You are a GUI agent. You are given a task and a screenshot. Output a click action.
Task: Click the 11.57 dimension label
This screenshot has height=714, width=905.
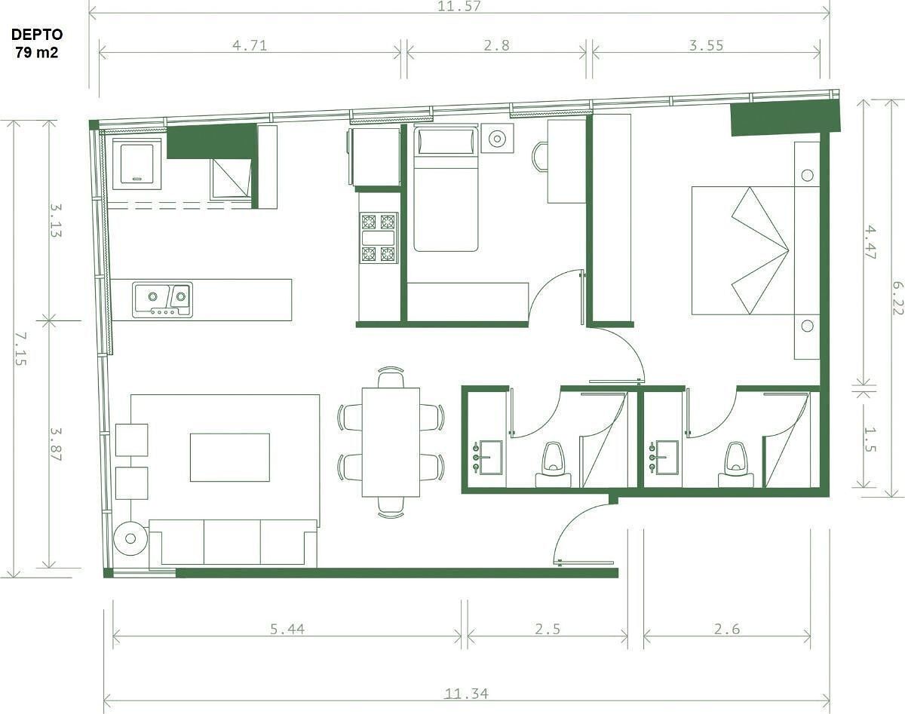coord(459,6)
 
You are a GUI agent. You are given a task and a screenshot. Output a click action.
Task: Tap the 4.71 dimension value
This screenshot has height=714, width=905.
coord(250,45)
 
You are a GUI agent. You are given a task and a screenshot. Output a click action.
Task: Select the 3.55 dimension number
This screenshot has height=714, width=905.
coord(706,45)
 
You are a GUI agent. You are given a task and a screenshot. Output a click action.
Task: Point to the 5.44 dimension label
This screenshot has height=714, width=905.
coord(287,629)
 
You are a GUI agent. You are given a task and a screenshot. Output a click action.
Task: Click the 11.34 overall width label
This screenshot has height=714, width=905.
coord(466,694)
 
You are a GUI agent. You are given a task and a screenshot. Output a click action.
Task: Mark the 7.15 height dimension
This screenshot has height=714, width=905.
coord(20,348)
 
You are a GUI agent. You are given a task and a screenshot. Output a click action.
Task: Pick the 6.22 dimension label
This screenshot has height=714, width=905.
coord(898,298)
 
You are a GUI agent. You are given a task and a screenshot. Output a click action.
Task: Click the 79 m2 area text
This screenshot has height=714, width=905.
coord(37,53)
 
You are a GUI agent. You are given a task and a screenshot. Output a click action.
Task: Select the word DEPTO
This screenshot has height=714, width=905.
coord(37,35)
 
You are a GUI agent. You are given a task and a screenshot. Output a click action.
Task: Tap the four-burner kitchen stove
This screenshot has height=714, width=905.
coord(379,238)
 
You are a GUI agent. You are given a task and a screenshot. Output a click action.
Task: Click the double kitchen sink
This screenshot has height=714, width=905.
coord(162,300)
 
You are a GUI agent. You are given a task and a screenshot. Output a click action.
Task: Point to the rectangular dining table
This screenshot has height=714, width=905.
coord(391,442)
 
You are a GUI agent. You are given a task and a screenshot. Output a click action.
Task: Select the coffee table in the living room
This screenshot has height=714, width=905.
coord(229,458)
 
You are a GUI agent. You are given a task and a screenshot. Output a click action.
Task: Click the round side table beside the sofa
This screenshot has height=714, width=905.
coord(130,538)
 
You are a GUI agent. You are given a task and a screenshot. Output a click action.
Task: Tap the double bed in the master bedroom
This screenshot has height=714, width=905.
coord(743,250)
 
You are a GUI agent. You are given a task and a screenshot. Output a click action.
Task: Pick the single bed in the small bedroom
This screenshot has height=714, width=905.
coord(446,189)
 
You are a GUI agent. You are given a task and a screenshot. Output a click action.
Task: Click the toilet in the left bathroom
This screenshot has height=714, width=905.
coord(553,465)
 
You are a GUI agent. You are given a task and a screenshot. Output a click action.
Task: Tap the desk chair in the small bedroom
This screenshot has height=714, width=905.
coord(541,157)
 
